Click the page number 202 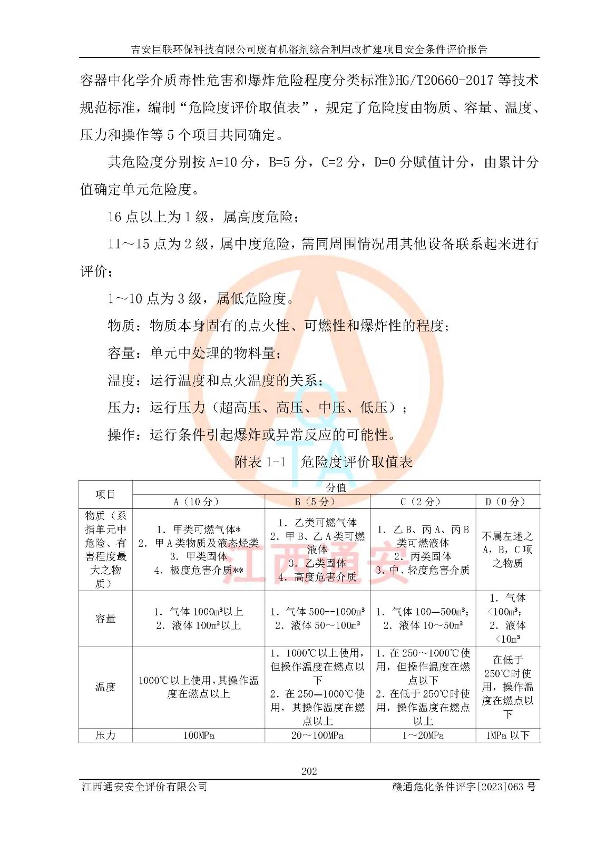309,771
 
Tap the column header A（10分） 196,502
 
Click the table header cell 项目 105,494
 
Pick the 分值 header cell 336,487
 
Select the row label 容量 105,618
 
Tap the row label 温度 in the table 105,687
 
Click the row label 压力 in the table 105,735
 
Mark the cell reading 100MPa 199,735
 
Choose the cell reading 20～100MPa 317,735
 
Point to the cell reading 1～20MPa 423,735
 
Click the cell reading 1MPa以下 507,735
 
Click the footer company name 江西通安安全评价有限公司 144,787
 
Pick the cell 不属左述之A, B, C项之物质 507,550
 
